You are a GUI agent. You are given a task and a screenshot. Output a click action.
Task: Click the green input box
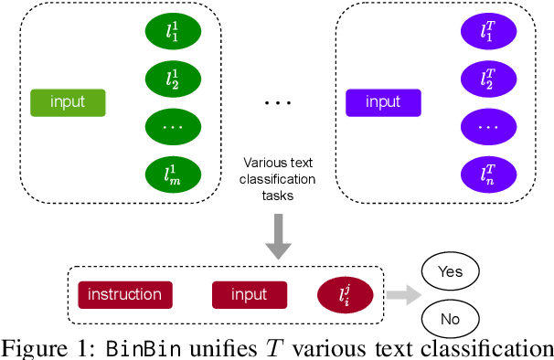click(69, 102)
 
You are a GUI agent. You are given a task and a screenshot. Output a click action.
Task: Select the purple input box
click(383, 102)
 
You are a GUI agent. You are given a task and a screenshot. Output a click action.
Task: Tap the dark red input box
click(250, 294)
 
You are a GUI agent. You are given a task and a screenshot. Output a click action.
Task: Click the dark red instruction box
click(125, 294)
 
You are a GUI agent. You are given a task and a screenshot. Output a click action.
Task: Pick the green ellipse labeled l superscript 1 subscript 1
click(174, 33)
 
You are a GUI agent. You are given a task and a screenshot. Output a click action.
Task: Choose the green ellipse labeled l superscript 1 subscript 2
click(174, 79)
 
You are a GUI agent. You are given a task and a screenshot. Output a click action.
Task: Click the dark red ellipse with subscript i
click(344, 294)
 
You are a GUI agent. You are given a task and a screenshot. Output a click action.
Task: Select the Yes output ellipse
click(450, 271)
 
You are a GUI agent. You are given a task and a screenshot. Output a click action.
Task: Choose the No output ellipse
click(450, 318)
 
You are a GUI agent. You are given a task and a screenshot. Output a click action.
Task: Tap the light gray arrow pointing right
click(399, 294)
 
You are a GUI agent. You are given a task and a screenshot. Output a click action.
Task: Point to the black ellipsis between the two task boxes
click(277, 102)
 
